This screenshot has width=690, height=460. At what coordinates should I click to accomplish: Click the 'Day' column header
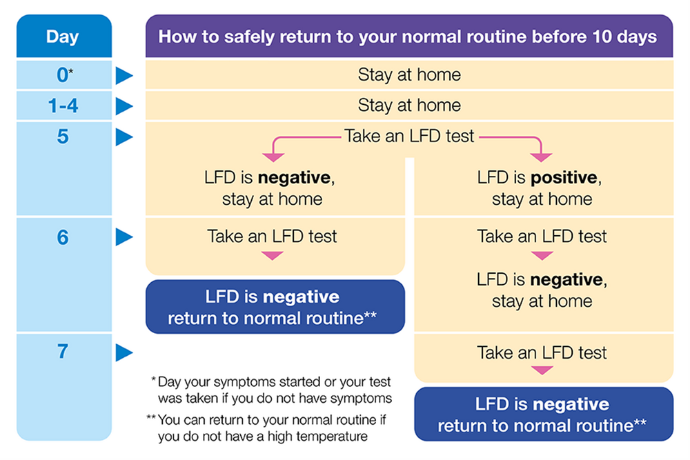[x=63, y=37]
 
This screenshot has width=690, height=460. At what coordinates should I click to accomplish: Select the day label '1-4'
[x=63, y=106]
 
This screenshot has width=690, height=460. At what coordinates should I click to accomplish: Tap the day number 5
[x=63, y=137]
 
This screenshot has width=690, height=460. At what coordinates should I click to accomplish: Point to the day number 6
[x=63, y=237]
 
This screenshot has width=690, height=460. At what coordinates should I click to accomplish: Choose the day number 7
[x=63, y=351]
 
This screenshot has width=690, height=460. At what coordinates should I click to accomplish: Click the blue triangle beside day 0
[x=124, y=76]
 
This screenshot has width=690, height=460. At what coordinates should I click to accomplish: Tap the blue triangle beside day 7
[x=124, y=352]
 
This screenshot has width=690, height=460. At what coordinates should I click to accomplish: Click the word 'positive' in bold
[x=564, y=178]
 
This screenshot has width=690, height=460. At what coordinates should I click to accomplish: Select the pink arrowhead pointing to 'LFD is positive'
[x=541, y=157]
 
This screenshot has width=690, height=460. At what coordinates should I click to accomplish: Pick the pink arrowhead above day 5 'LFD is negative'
[x=273, y=157]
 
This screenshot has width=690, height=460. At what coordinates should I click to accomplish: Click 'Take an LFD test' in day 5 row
[x=408, y=137]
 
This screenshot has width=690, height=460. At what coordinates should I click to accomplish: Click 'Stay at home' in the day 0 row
[x=409, y=74]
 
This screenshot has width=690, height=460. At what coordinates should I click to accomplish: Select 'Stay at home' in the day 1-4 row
[x=409, y=106]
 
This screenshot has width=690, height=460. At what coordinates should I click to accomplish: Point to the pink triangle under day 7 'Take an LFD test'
[x=542, y=370]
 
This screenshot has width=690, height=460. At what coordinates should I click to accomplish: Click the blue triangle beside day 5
[x=124, y=137]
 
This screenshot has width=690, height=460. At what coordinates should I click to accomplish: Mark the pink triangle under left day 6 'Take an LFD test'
[x=273, y=255]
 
